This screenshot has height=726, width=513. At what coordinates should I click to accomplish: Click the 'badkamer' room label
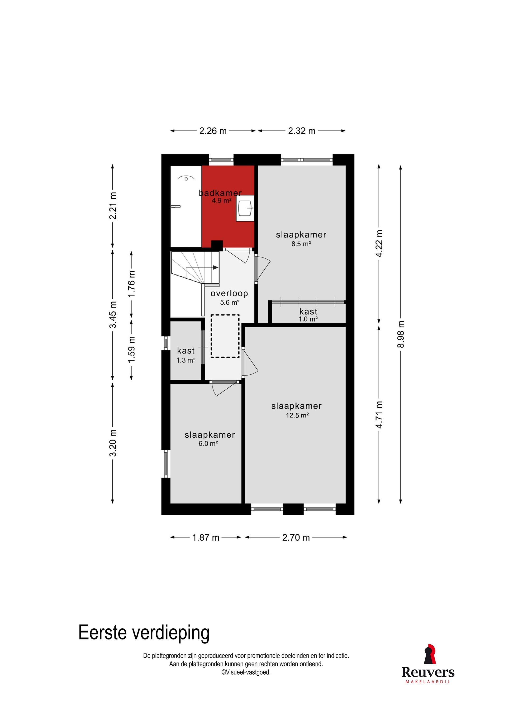220,193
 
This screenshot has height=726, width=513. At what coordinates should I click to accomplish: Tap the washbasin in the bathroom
245,208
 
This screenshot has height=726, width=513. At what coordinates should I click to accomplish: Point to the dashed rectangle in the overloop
225,336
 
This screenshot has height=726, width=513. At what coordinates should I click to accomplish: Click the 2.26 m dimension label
213,131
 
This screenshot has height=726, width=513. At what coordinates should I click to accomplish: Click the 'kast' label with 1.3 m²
186,351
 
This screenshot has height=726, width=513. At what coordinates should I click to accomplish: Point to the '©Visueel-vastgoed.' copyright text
246,672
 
